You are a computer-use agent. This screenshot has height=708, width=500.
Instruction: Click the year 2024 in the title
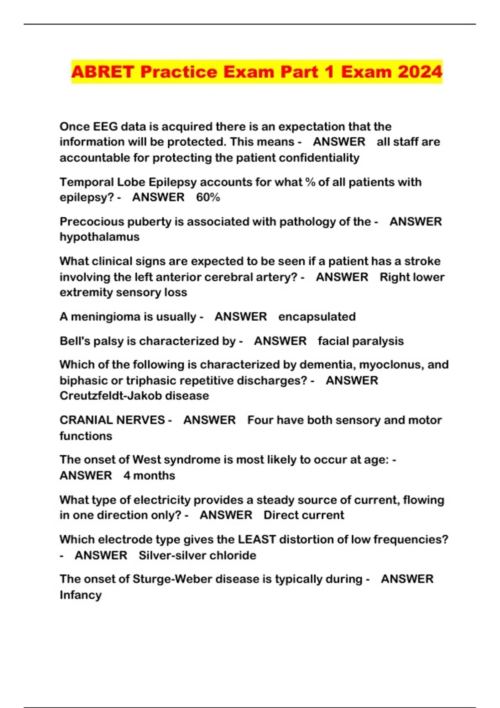coord(420,72)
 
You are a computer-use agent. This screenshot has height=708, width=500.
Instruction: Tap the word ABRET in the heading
coord(102,72)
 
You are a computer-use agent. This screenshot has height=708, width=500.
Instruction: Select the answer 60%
coord(208,197)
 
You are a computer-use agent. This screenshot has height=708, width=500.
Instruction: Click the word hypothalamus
coord(100,237)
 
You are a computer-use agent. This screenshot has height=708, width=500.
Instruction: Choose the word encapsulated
coord(317,317)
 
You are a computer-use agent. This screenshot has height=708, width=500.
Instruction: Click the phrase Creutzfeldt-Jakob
coord(111,395)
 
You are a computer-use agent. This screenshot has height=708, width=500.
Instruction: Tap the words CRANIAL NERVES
coord(112,420)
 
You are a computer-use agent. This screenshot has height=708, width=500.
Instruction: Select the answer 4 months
coord(149,475)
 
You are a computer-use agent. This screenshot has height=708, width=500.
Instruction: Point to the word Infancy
coord(80,595)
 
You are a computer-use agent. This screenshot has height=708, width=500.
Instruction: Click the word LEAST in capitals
coord(257,539)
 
